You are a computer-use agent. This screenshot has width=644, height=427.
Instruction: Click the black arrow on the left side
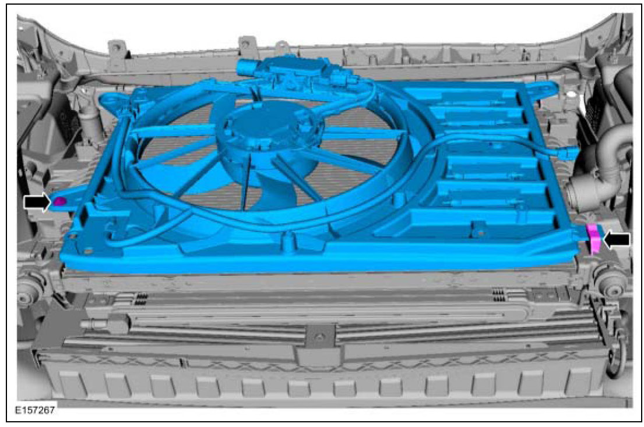[37, 202]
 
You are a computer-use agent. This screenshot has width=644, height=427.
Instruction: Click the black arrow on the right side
[617, 239]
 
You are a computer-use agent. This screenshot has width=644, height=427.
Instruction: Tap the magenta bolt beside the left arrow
[60, 201]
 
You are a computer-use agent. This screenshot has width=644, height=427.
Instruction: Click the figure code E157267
[35, 410]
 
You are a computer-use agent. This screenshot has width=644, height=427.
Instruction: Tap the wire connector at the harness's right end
[569, 152]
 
